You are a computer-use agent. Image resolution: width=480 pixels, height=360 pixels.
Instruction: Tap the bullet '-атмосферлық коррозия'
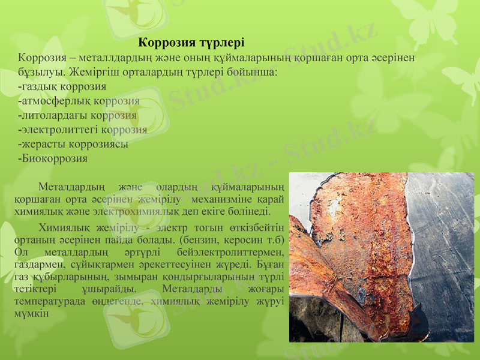coord(79,101)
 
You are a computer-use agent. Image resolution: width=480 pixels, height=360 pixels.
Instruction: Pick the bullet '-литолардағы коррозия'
coord(77,115)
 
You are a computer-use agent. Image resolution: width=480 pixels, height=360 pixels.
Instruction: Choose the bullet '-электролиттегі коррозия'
coord(83,130)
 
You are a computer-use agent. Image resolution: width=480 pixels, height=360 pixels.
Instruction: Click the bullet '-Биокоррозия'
coord(53,159)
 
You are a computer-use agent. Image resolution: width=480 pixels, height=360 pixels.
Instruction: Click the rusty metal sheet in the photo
coord(360,240)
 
